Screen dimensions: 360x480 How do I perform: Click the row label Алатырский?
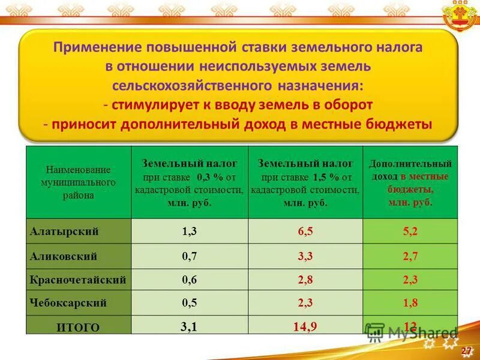pos(64,231)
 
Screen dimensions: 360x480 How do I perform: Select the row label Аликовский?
pos(64,256)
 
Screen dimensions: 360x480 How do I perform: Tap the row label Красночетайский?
pos(78,280)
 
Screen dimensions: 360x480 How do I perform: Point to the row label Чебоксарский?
pos(68,303)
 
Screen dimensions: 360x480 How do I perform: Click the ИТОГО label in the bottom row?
pos(79,327)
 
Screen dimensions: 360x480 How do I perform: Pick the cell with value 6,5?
pos(305,232)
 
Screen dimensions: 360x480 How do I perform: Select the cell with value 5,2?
pos(410,232)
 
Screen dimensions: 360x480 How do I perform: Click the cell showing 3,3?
pos(305,257)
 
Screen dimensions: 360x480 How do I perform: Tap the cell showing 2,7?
pos(410,257)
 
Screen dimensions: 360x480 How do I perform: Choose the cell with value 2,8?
pos(305,280)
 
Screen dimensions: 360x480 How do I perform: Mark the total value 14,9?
pos(305,326)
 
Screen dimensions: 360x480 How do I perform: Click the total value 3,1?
pos(189,325)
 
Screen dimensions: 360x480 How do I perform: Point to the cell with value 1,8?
pos(410,303)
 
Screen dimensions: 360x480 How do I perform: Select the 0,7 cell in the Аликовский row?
pos(189,257)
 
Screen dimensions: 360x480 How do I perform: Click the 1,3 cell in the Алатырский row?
pos(189,232)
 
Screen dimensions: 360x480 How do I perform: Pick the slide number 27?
pos(465,349)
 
